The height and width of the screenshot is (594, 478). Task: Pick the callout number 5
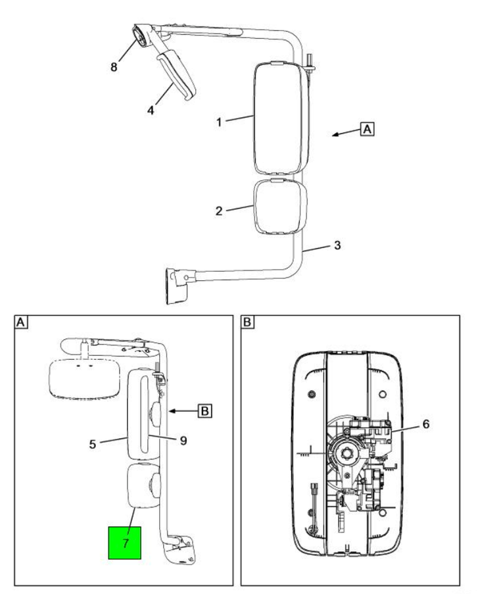pos(93,444)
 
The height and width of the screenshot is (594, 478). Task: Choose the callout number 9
pos(183,441)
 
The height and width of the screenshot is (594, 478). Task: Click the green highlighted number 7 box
pos(124,542)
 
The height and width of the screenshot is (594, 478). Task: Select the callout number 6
pos(425,424)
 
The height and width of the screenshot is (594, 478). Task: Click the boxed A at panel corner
pos(21,322)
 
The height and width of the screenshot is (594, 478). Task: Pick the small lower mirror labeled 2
pos(279,206)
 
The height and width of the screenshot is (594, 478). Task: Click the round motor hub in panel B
pos(347,454)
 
